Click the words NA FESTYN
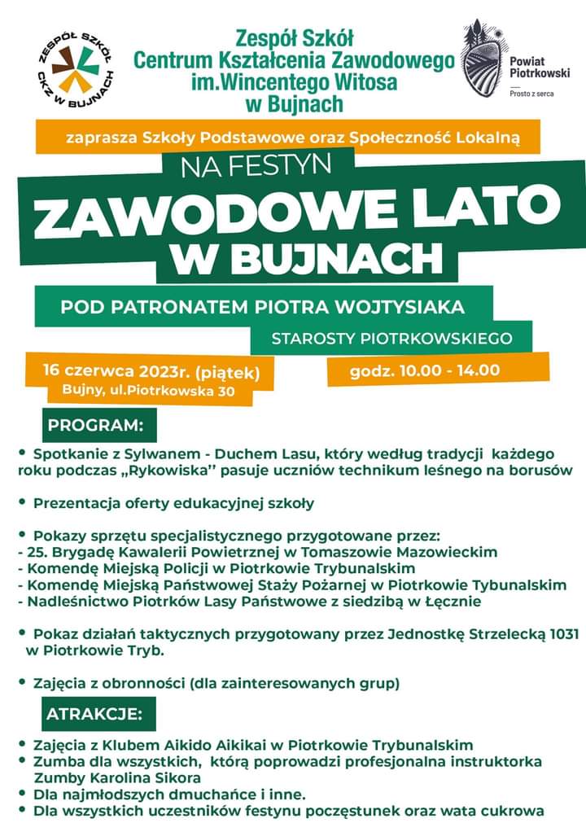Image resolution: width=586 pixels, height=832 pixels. pyautogui.click(x=256, y=167)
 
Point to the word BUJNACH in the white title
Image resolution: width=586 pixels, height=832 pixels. pyautogui.click(x=338, y=258)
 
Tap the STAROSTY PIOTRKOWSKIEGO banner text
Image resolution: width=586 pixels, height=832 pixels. pyautogui.click(x=391, y=337)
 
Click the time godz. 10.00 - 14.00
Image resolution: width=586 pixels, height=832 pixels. pyautogui.click(x=424, y=370)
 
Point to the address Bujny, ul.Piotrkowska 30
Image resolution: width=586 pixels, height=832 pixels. pyautogui.click(x=148, y=392)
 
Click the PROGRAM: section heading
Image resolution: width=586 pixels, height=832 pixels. pyautogui.click(x=95, y=425)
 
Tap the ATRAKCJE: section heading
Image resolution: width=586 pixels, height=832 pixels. pyautogui.click(x=94, y=715)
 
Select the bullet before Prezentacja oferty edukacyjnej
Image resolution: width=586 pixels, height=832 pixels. pyautogui.click(x=23, y=502)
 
